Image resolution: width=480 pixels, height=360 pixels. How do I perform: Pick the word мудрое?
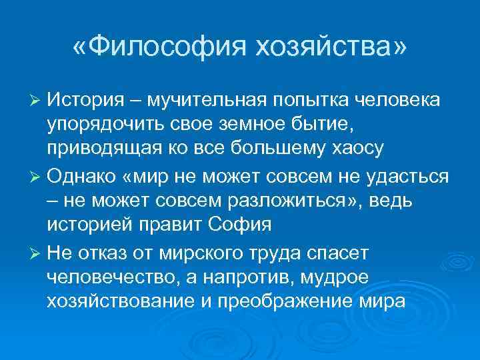click(x=339, y=277)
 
